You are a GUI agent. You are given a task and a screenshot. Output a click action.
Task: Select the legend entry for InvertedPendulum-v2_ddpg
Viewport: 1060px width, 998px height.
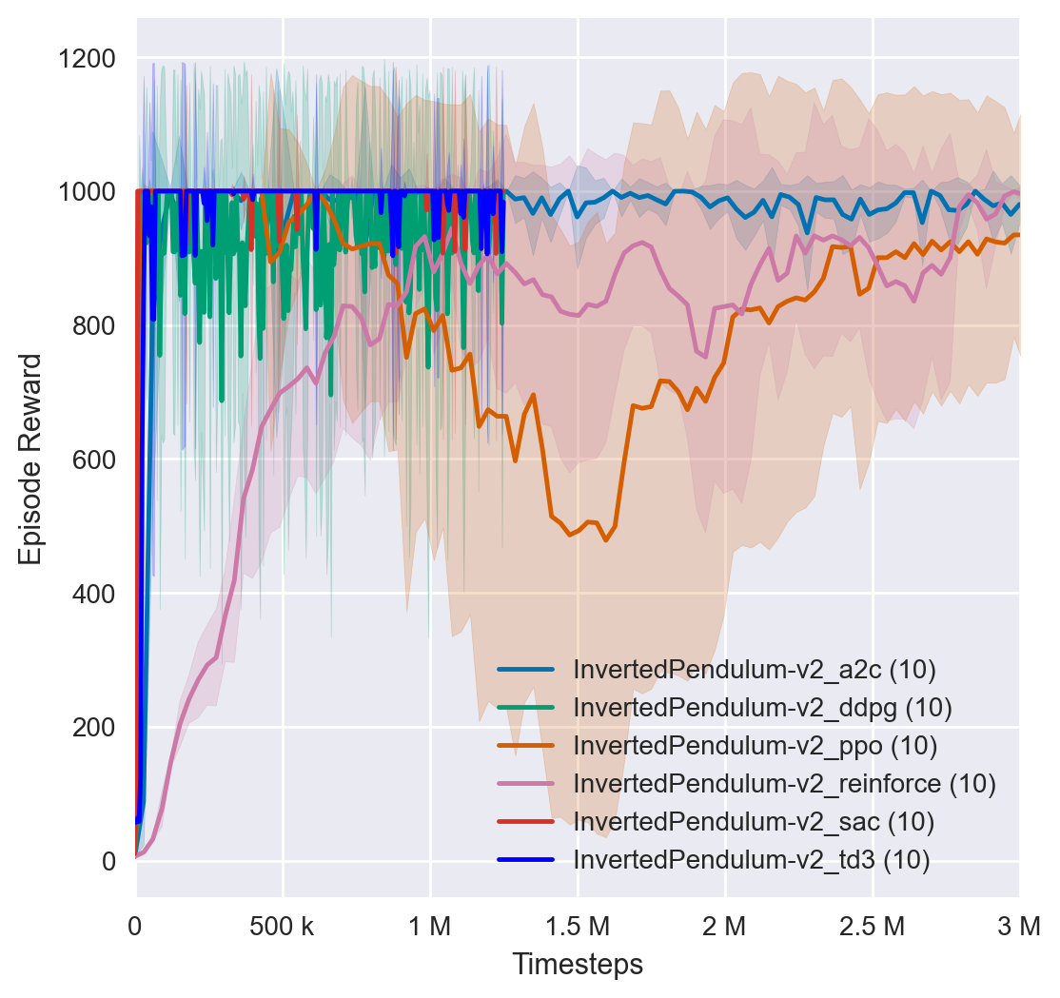coord(762,708)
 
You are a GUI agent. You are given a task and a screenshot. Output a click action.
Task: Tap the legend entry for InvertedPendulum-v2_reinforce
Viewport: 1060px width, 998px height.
coord(784,784)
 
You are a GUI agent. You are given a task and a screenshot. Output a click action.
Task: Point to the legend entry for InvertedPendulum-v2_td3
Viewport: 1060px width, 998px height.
coord(752,860)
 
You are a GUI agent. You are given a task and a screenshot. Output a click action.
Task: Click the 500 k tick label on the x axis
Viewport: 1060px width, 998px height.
coord(283,924)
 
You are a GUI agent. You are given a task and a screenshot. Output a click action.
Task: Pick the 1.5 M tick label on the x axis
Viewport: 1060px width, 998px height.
coord(578,924)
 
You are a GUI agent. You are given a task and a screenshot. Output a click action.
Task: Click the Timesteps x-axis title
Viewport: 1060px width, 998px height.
coord(578,964)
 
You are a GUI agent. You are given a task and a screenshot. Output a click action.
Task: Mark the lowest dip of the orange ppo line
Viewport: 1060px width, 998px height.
coord(605,540)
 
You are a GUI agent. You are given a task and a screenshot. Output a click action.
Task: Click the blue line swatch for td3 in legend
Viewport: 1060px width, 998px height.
coord(526,860)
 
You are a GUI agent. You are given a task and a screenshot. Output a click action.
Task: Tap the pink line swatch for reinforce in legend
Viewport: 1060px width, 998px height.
coord(526,784)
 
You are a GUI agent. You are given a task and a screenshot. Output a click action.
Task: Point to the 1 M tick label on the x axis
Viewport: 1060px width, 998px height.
coord(430,924)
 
